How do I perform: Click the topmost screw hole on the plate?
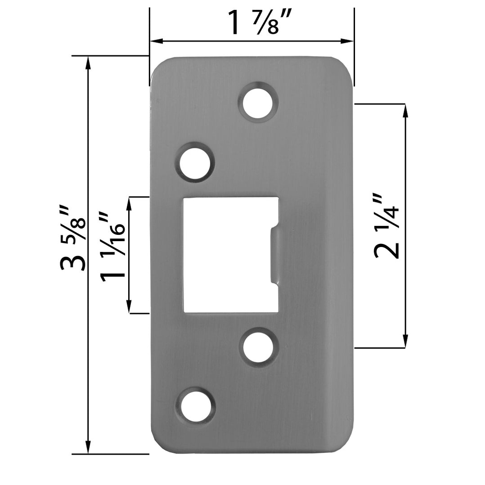(258, 102)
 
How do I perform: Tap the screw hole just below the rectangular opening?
(259, 347)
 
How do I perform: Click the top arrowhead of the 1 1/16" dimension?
(130, 203)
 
